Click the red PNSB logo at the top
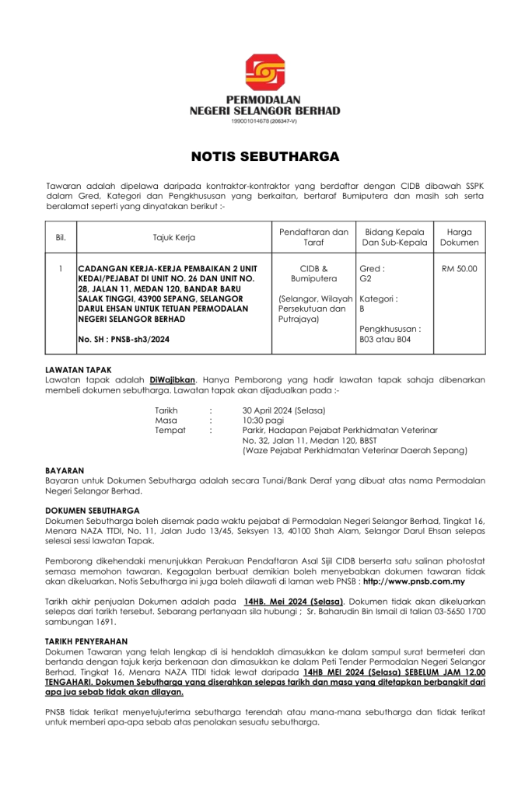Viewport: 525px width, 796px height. pos(264,72)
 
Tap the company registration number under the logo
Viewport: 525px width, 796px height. pos(264,121)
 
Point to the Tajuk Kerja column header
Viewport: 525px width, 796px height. pos(173,237)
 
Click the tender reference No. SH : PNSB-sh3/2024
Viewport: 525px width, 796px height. pos(124,339)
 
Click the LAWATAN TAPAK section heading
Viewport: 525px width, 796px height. pos(79,369)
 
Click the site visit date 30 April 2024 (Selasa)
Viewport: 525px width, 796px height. pos(284,410)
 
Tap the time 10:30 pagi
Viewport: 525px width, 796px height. pos(263,420)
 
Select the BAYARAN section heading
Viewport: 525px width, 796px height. pos(65,471)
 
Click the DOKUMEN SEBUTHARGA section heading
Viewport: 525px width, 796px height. pos(93,511)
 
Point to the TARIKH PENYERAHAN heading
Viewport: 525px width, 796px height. pos(87,641)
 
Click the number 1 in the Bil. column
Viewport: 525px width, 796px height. pos(61,269)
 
